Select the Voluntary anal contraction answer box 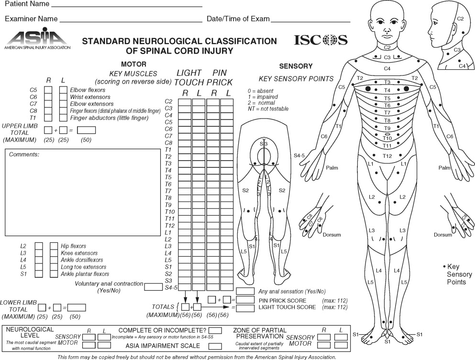click(x=154, y=287)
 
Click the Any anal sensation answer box click(x=245, y=291)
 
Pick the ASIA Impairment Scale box click(x=215, y=346)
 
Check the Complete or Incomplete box click(x=215, y=330)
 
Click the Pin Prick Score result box click(x=245, y=300)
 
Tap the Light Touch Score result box click(x=245, y=308)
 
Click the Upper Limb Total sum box click(x=86, y=130)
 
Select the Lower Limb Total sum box click(x=77, y=307)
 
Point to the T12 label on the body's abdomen click(x=387, y=156)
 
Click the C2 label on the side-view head click(x=460, y=19)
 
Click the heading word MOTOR click(x=133, y=64)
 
